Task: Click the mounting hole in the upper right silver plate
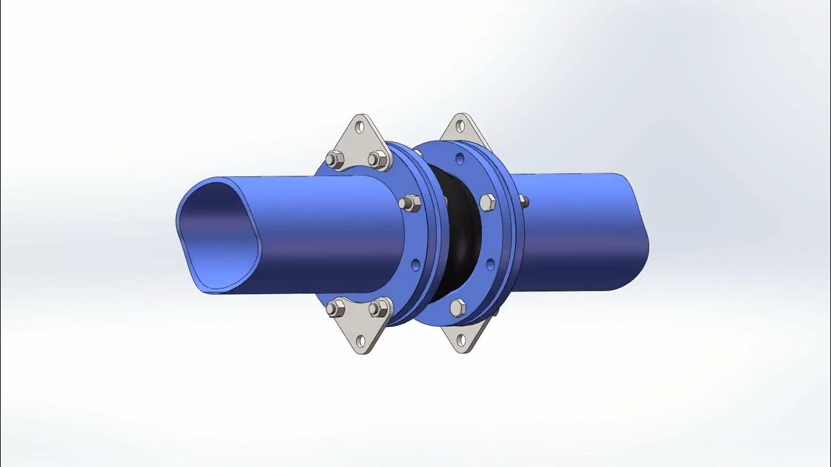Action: [x=462, y=126]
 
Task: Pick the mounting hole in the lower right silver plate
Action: [x=461, y=339]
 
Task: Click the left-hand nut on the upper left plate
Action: [x=334, y=159]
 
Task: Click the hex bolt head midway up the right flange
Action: [x=487, y=202]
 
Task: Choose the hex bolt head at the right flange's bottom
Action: [x=458, y=307]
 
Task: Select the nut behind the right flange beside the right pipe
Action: [x=523, y=201]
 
